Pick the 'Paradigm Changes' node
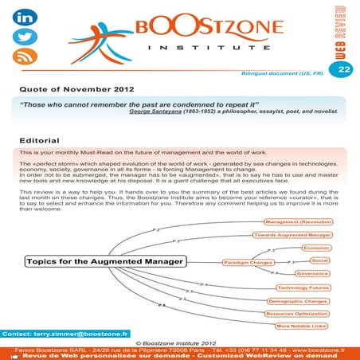[x=248, y=261]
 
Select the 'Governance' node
[x=311, y=273]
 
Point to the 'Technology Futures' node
[x=302, y=287]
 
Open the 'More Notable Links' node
[x=300, y=327]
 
